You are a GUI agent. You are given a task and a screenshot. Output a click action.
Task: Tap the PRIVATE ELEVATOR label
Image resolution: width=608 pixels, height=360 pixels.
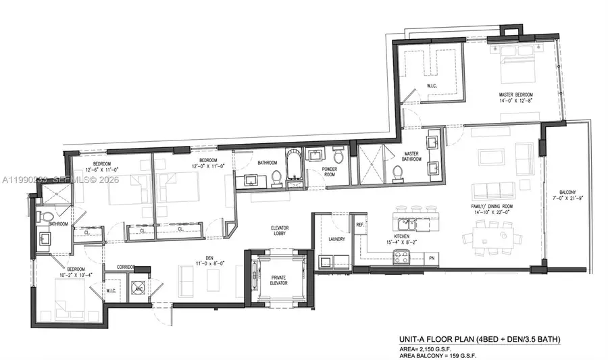[279, 280]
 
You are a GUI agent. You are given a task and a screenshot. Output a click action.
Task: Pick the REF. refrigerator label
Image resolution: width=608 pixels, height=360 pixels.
[361, 224]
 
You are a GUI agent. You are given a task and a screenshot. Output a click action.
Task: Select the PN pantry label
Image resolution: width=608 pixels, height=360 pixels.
[432, 257]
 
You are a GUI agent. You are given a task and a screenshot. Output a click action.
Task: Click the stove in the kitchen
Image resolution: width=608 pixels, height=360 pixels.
[400, 256]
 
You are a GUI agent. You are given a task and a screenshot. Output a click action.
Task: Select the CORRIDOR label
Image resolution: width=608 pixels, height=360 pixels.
[126, 267]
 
